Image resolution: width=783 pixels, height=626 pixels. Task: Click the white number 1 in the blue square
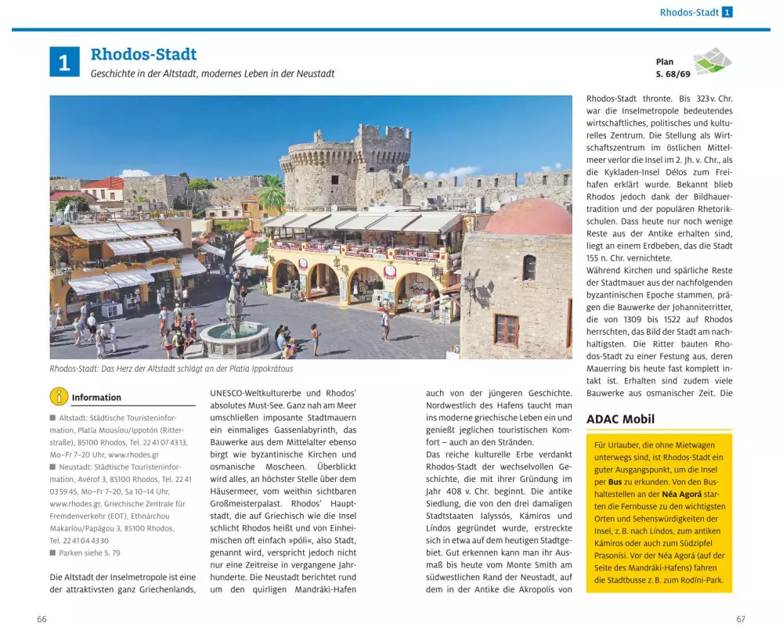(x=64, y=62)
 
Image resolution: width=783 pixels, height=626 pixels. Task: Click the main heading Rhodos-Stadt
(x=143, y=55)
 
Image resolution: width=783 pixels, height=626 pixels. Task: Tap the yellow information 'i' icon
(x=59, y=397)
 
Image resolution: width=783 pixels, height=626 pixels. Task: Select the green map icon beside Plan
(x=712, y=61)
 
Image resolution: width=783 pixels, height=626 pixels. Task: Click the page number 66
(x=42, y=619)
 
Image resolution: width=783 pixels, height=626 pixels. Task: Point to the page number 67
(x=740, y=619)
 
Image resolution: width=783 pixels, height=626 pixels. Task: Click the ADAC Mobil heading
(x=620, y=419)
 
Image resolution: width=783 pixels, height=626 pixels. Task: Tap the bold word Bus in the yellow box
(x=615, y=481)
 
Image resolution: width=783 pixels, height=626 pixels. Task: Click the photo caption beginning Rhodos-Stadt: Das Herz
(x=171, y=369)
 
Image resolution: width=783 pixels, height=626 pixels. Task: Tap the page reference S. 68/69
(x=673, y=74)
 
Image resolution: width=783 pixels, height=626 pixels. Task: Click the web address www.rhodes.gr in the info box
(x=133, y=455)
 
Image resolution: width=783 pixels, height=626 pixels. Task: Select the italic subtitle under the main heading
(x=212, y=74)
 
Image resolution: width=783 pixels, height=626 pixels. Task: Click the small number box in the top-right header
(x=727, y=13)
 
